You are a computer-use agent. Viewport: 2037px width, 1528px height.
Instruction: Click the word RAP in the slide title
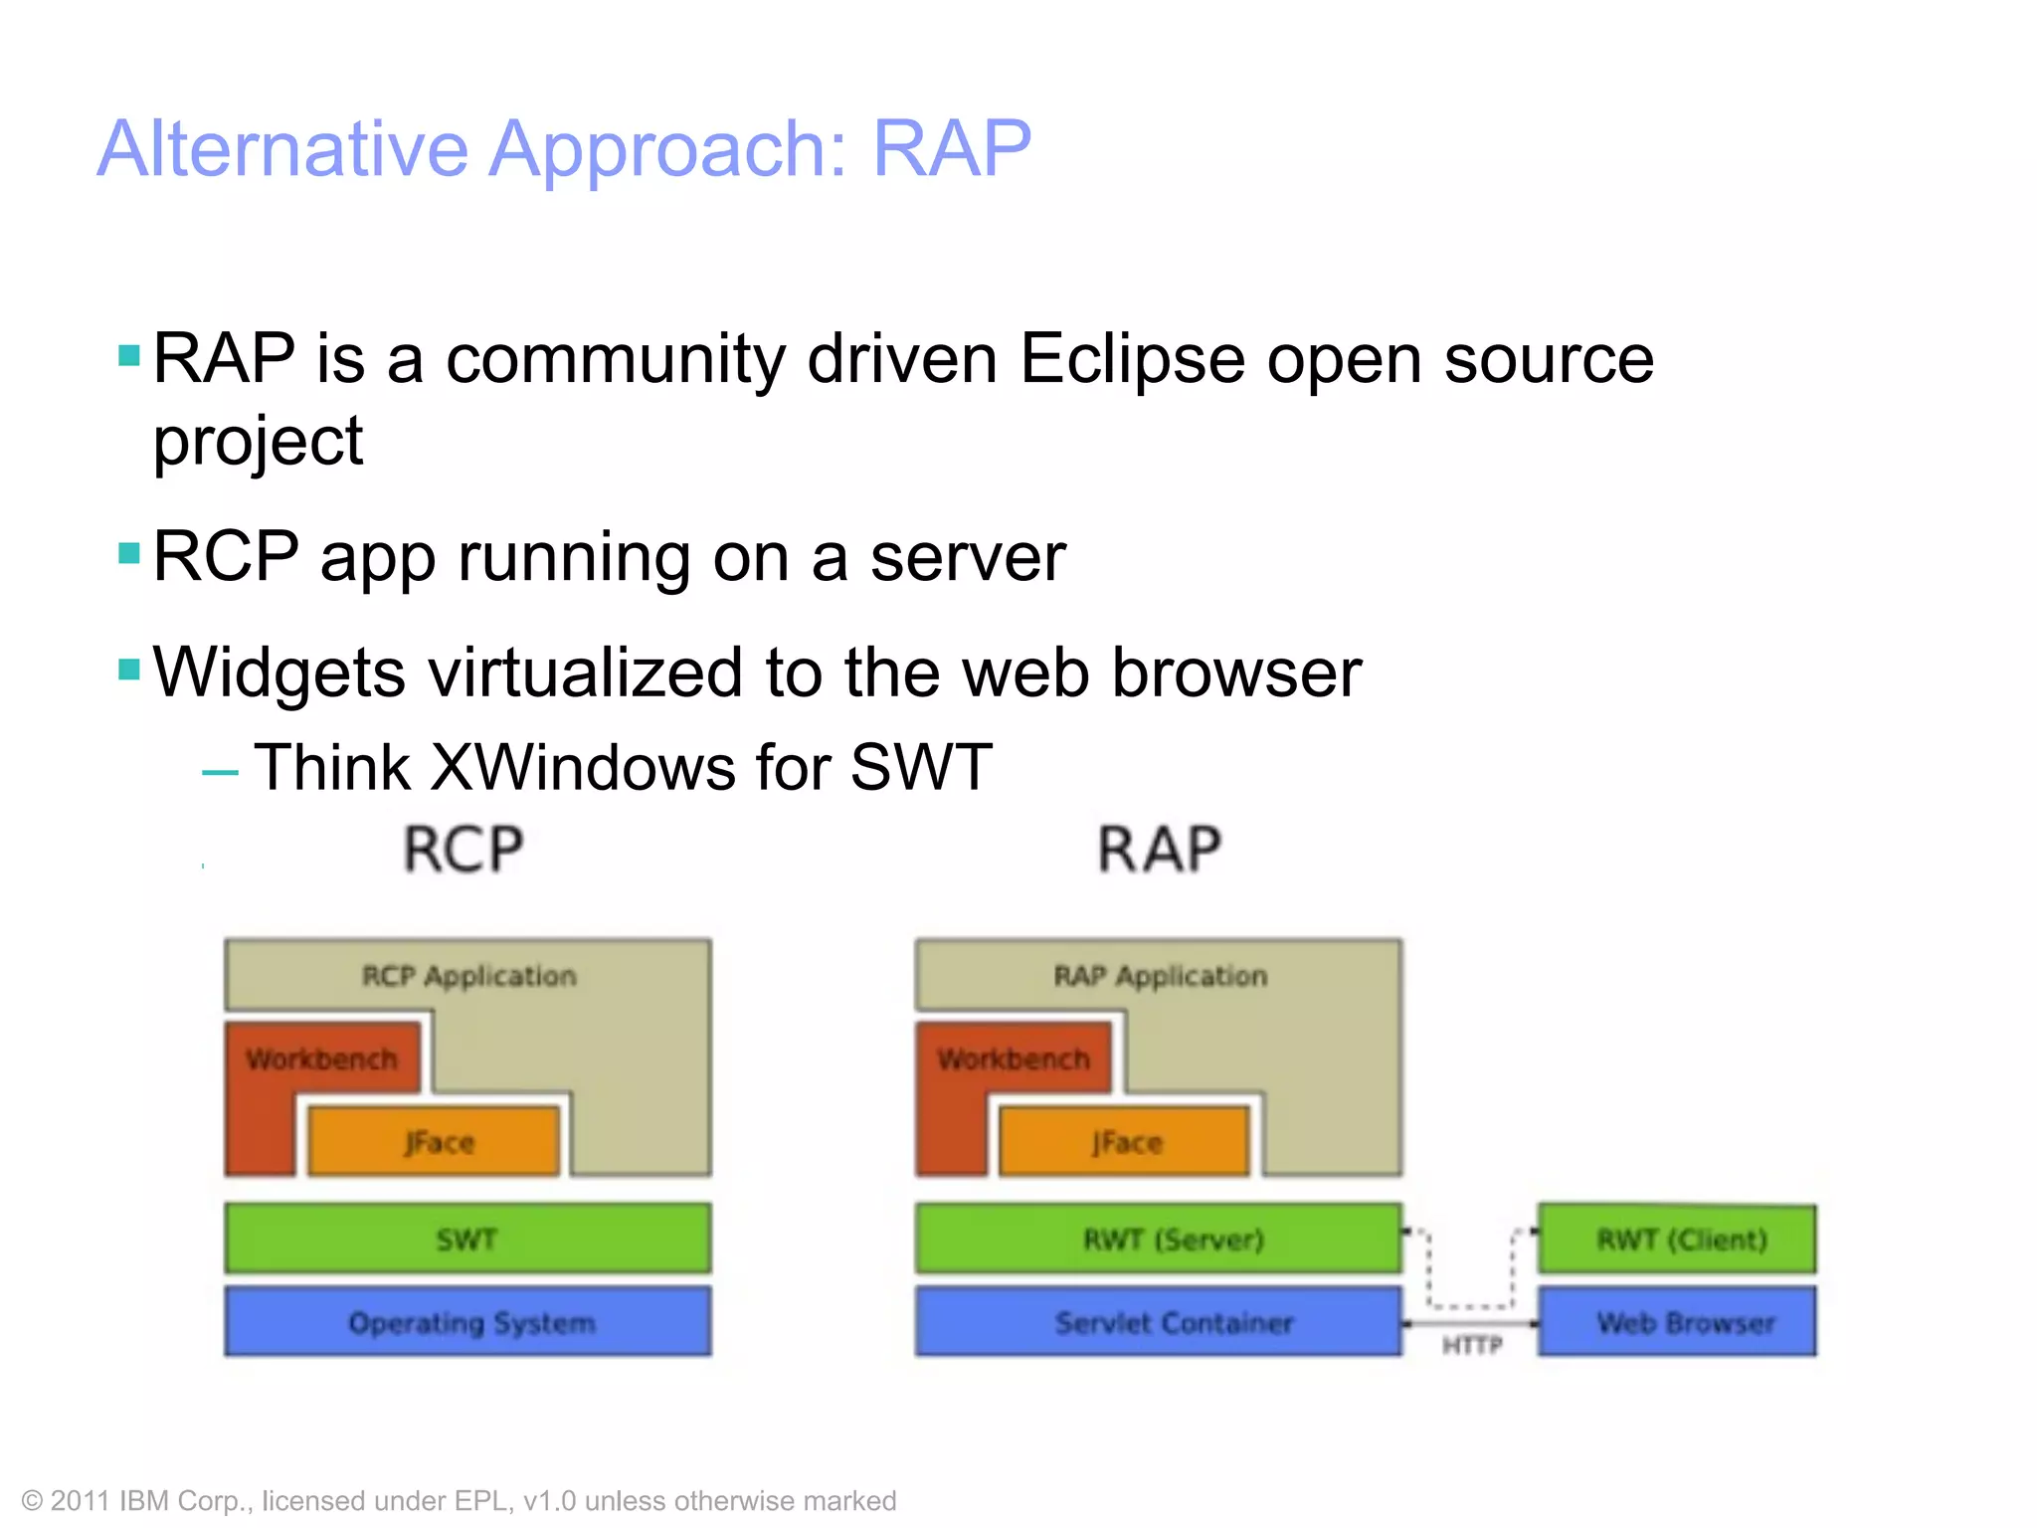pos(951,149)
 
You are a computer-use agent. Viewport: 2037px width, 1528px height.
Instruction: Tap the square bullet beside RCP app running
pos(129,553)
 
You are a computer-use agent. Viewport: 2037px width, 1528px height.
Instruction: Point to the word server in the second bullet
pos(968,557)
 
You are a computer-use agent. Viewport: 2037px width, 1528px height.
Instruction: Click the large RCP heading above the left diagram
pos(463,850)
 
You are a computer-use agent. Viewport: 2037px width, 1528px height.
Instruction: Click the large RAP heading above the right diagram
pos(1159,850)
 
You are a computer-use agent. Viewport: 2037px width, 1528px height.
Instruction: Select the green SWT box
pos(467,1239)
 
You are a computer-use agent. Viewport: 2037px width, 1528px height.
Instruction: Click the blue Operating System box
pos(467,1322)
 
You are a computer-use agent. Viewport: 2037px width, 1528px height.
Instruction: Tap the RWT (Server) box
pos(1159,1239)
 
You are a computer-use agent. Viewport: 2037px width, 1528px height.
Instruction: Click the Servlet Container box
pos(1159,1322)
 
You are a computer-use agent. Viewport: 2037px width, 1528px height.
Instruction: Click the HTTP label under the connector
pos(1471,1346)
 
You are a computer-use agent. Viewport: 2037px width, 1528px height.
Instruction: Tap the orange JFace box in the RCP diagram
pos(435,1142)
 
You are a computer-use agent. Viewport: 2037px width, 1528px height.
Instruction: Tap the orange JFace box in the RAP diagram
pos(1125,1142)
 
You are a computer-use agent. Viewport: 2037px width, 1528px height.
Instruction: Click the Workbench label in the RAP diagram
pos(1013,1058)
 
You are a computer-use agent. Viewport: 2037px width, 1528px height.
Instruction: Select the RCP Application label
pos(468,976)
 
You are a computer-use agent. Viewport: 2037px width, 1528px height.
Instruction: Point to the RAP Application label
pos(1160,976)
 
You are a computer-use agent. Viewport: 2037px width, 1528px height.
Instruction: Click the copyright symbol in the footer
pos(32,1501)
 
